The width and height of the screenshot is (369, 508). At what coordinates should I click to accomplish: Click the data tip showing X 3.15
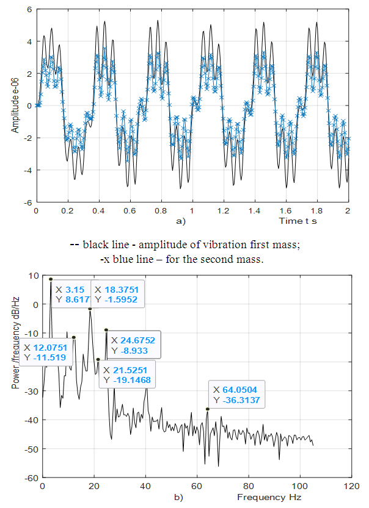click(71, 295)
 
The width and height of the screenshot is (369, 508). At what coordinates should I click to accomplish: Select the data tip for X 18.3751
click(119, 295)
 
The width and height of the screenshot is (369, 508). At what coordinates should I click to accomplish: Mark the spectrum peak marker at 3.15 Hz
click(51, 279)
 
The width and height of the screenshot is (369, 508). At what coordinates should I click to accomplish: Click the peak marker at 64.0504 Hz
click(207, 409)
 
